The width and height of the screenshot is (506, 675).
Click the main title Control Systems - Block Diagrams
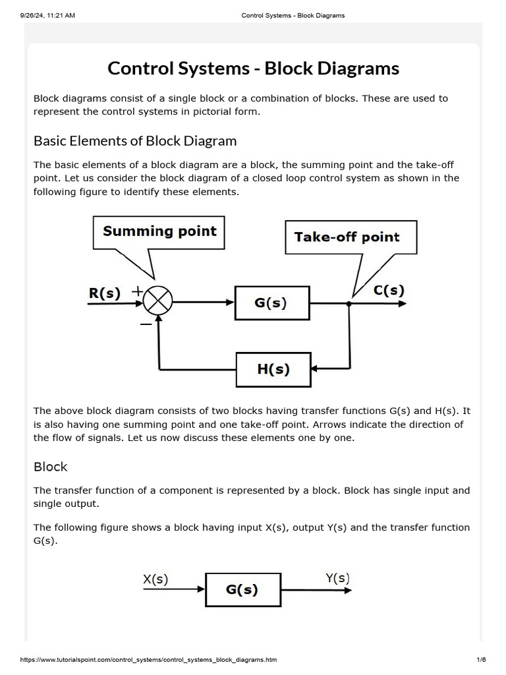coord(253,69)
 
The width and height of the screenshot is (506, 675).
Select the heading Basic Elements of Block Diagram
coord(135,141)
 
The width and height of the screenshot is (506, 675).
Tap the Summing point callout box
coord(159,231)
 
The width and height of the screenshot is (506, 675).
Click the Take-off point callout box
coord(347,237)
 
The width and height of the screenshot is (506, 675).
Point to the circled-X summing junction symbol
coord(157,303)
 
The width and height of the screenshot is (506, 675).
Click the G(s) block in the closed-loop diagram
coord(271,303)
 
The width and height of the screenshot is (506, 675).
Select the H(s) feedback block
coord(273,369)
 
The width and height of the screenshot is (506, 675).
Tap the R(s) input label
coord(105,294)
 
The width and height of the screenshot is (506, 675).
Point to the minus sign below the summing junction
coord(146,324)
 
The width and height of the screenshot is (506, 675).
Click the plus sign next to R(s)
coord(138,290)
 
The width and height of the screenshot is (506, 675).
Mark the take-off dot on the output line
coord(349,304)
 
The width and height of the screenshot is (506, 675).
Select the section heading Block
coord(50,467)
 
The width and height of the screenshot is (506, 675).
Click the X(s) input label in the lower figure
coord(155,579)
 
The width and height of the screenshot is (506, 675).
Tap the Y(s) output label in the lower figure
coord(337,578)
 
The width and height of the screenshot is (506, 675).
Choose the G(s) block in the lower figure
coord(242,589)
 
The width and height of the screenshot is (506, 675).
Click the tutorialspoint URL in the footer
coord(149,660)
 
